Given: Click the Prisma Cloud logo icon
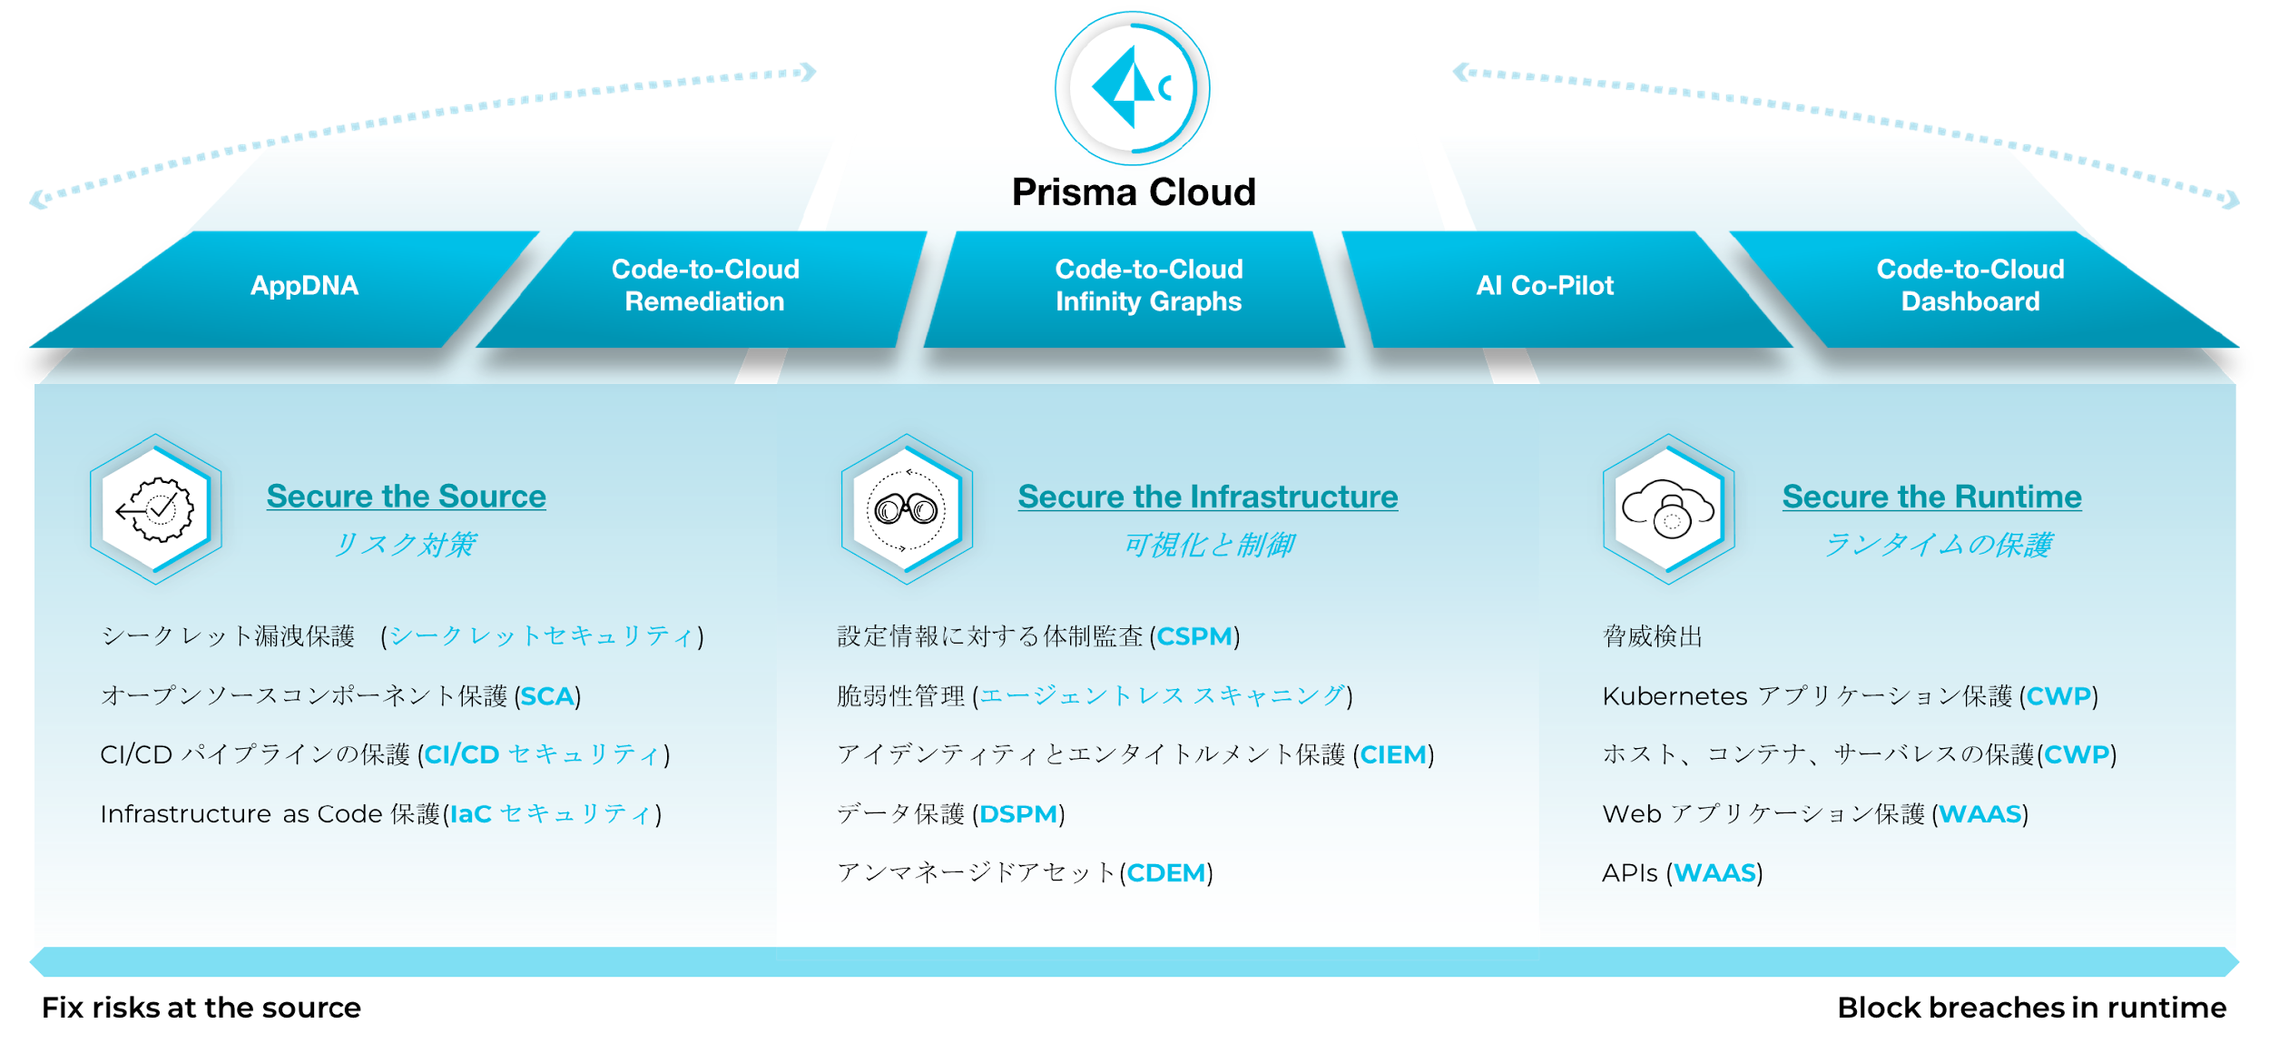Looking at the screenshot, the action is [1132, 88].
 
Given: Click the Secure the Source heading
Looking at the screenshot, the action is [406, 497].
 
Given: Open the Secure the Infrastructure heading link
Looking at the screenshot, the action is [1207, 497].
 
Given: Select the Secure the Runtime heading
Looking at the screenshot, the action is [1931, 497].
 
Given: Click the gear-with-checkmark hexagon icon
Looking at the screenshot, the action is [156, 509].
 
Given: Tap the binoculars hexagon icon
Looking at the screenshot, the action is [907, 509].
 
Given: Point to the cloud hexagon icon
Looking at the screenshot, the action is [1668, 509].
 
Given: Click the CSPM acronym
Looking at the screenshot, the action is [1194, 636].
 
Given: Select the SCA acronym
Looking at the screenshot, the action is [547, 696].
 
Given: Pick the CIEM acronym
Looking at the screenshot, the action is [1393, 755].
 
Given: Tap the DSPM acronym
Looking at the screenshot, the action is [1018, 814].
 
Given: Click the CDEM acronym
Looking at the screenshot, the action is [1166, 873].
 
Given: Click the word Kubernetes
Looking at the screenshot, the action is [1675, 696].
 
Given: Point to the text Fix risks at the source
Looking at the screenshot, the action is [201, 1008].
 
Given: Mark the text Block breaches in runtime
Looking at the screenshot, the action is [2032, 1008].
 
